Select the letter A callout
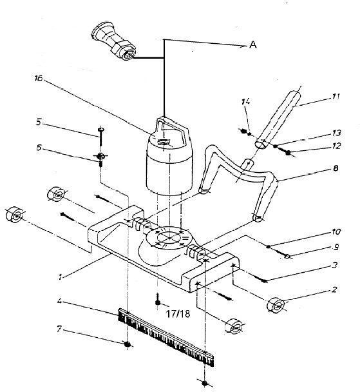(253, 45)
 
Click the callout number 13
(336, 132)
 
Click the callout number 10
(336, 230)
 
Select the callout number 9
(336, 248)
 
